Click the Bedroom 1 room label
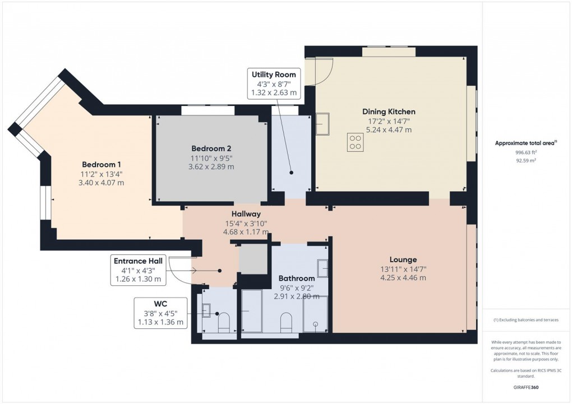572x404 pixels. pos(102,164)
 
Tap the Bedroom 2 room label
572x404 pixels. pos(211,148)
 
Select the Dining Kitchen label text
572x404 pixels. pos(389,112)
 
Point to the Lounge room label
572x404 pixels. pos(403,259)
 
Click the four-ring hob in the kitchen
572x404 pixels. pos(354,142)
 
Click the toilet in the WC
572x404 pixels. pos(223,324)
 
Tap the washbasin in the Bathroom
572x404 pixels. pos(322,269)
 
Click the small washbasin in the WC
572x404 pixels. pos(205,309)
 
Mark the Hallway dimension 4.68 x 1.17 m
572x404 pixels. pos(246,231)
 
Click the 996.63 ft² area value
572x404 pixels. pos(527,152)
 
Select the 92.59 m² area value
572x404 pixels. pos(527,160)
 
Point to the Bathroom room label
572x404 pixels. pos(297,278)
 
